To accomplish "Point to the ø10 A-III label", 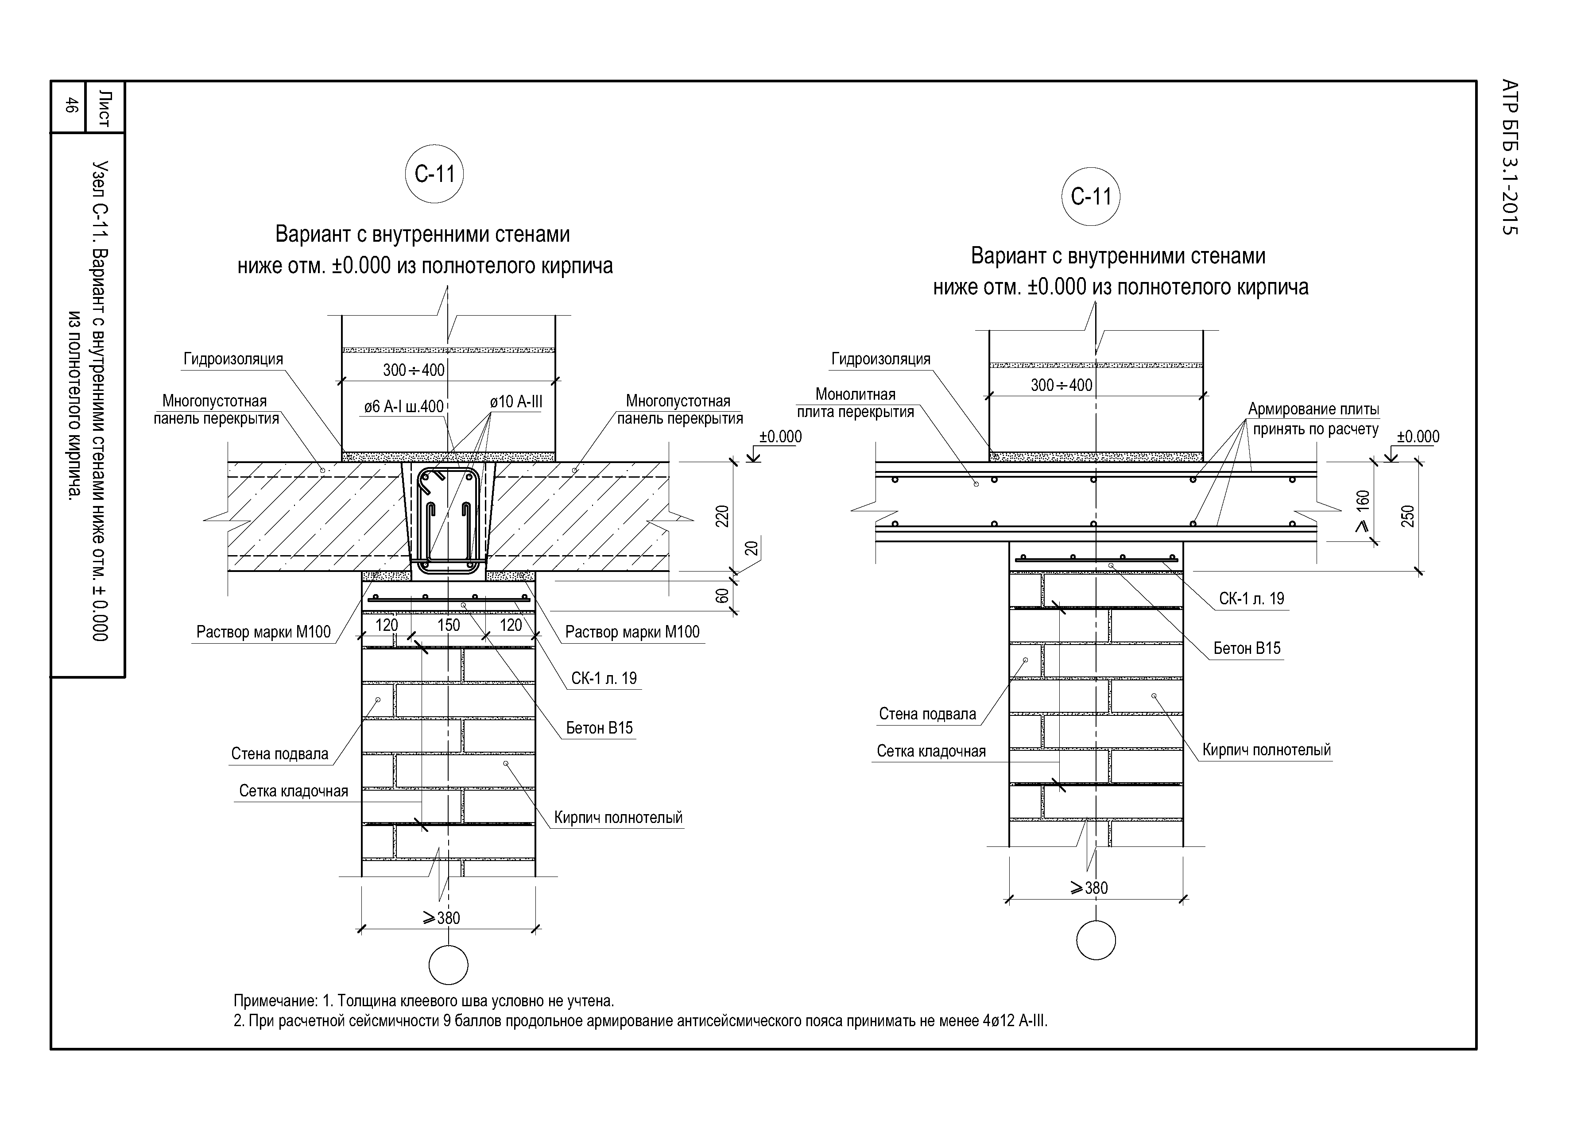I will [515, 402].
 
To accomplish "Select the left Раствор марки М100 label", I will [263, 632].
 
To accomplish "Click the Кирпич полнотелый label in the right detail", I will [1266, 750].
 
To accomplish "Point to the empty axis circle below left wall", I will [448, 964].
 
